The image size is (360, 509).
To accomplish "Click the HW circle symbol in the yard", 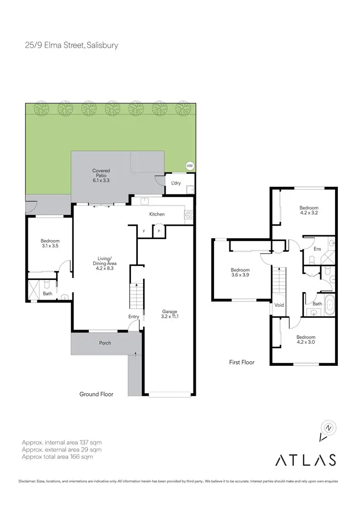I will coord(190,166).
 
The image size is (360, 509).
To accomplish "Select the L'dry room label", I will coord(176,183).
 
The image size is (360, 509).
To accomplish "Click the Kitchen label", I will coord(157,214).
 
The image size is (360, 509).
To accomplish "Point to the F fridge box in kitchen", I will coord(144,231).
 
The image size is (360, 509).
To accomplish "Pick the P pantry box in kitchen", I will coord(159,231).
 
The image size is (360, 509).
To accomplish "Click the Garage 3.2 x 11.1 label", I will coord(170,314).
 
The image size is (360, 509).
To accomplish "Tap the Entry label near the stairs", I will coord(133,316).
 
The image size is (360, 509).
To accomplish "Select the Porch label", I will coord(105,343).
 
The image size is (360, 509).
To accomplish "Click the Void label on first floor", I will coord(279,305).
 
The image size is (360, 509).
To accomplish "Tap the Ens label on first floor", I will coord(317,249).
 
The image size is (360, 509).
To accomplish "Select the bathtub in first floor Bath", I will coord(330,305).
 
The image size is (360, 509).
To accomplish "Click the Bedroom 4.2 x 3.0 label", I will coord(306,339).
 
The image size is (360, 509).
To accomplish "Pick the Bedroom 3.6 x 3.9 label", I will coord(240,273).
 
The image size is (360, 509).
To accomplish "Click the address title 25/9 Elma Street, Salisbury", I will coord(72,46).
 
